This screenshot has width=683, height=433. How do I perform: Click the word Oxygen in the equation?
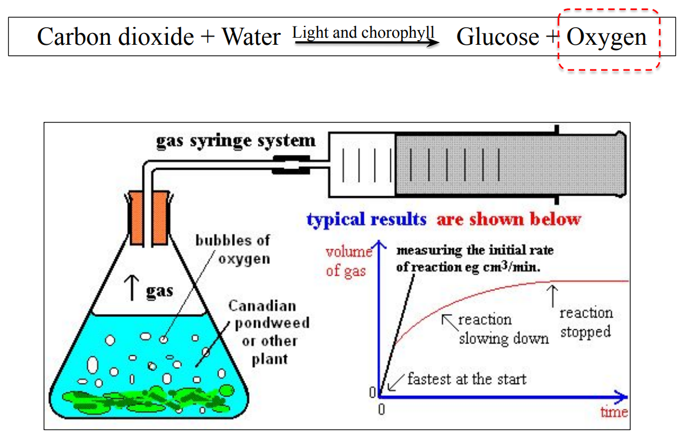[x=606, y=37]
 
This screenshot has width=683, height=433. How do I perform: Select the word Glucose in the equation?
[x=498, y=37]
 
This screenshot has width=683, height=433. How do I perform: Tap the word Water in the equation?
[x=251, y=37]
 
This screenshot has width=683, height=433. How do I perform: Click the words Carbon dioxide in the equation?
[x=115, y=37]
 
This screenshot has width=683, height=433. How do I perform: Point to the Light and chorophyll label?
[x=363, y=32]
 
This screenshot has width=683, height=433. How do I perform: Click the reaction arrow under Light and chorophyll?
[x=366, y=43]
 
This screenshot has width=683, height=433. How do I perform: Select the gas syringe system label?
[x=236, y=141]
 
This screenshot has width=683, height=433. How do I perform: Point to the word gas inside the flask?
[x=160, y=290]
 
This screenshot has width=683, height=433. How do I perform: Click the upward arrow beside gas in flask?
[x=133, y=289]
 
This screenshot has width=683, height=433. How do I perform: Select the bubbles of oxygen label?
[x=233, y=249]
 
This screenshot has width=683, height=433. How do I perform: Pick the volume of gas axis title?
[x=349, y=262]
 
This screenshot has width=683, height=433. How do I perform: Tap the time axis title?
[x=614, y=412]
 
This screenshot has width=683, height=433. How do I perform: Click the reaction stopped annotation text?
[x=586, y=322]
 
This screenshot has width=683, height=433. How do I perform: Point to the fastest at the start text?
[x=466, y=378]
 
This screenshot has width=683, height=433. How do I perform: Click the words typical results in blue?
[x=366, y=220]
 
